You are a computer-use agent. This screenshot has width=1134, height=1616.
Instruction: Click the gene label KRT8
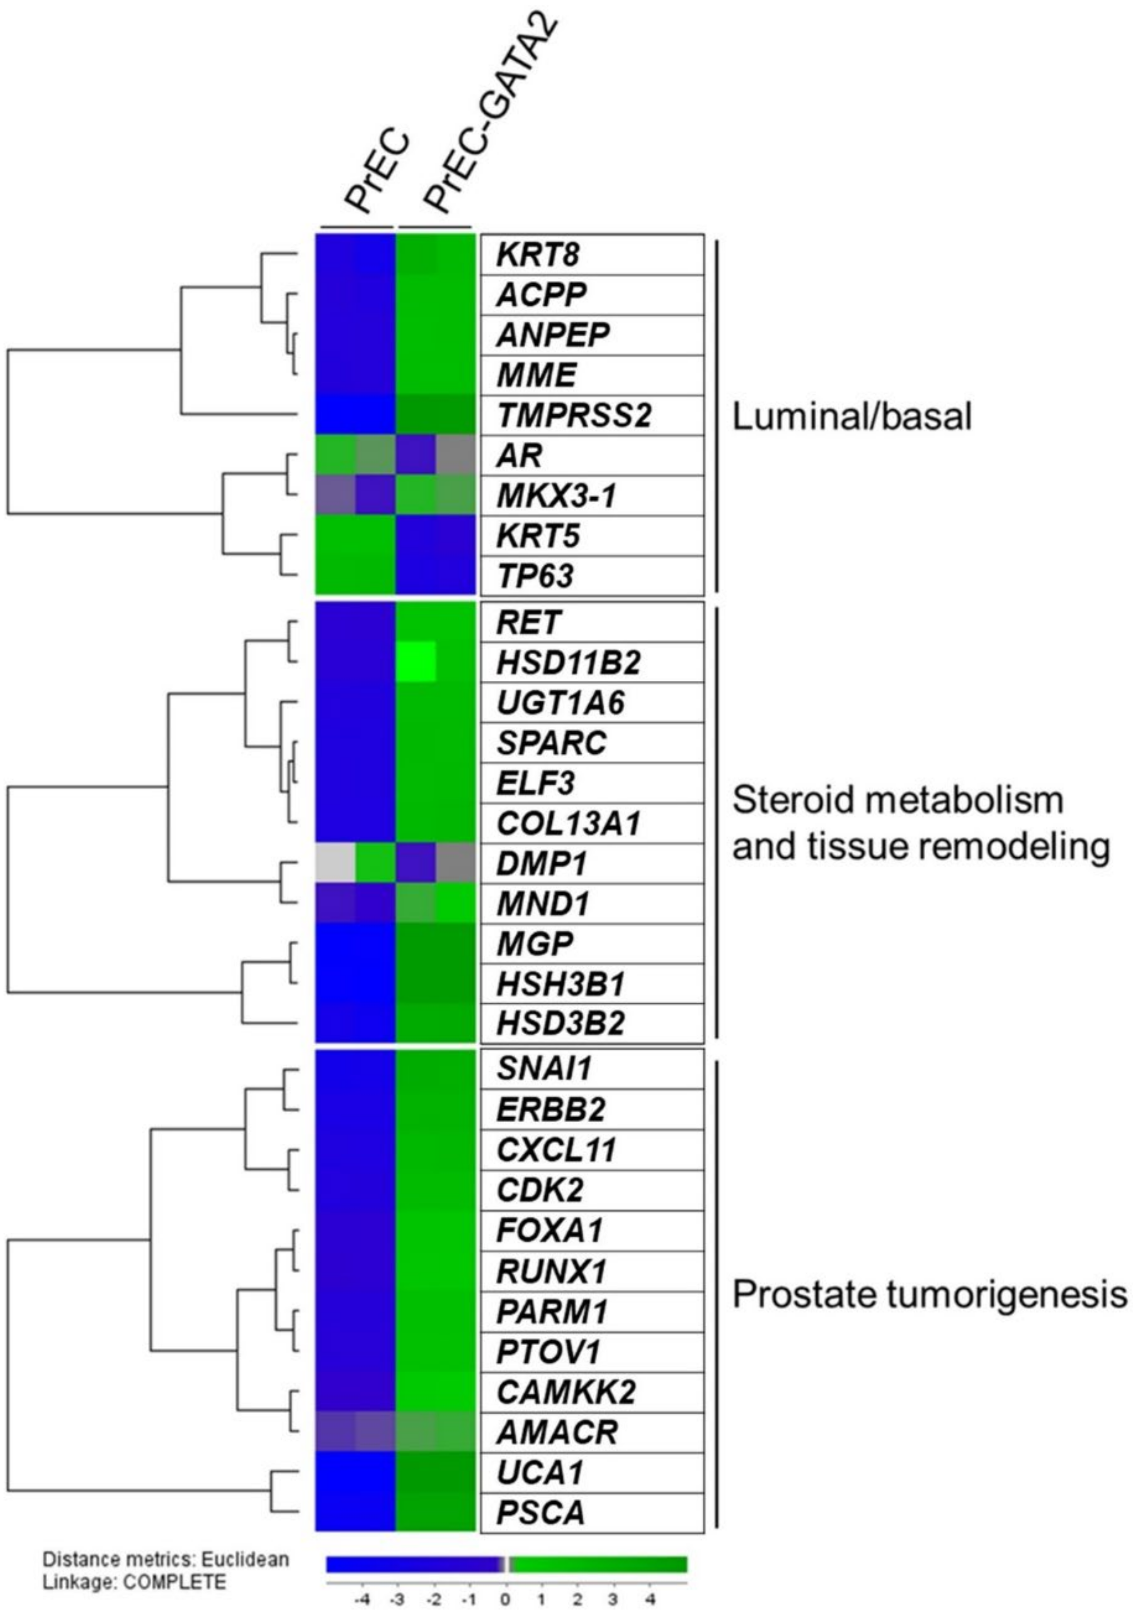click(538, 255)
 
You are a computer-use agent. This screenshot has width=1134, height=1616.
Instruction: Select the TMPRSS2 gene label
click(574, 416)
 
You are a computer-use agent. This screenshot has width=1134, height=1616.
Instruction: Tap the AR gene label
click(519, 456)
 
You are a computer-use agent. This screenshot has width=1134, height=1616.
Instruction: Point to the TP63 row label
click(535, 576)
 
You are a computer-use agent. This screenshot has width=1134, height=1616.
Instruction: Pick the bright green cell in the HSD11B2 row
click(416, 662)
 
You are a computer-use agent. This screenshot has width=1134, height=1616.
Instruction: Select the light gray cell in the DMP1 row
click(335, 863)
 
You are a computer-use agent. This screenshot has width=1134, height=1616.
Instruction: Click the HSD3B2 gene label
click(560, 1023)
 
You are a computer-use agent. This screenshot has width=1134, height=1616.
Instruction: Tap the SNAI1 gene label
click(544, 1070)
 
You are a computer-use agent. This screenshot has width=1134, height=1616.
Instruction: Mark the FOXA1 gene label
click(550, 1230)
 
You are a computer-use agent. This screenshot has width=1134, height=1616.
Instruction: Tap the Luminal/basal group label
click(852, 418)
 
